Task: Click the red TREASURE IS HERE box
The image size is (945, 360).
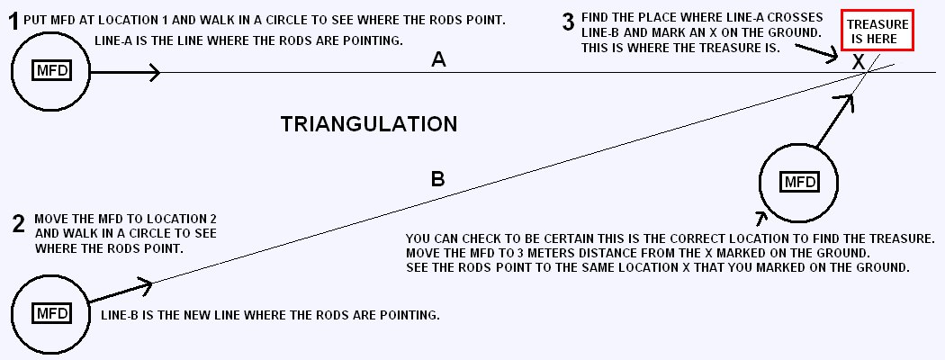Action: [x=878, y=31]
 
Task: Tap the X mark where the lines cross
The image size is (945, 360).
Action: [x=859, y=61]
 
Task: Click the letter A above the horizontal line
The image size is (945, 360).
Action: [x=439, y=59]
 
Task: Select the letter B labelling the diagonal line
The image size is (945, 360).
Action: [x=438, y=179]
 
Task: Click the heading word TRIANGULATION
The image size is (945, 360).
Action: [x=369, y=124]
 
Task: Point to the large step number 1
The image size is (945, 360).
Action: [x=13, y=22]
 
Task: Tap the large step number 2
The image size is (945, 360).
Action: [x=19, y=224]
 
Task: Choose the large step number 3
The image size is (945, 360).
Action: [x=568, y=22]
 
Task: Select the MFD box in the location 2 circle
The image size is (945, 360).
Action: [x=51, y=313]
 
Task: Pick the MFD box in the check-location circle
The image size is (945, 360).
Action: [x=798, y=182]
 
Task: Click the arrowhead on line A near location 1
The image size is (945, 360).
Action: [x=154, y=72]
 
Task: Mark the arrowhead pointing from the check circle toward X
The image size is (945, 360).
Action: [x=849, y=102]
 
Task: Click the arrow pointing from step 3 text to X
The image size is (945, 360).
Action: [x=814, y=50]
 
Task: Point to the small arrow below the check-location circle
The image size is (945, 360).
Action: [x=761, y=219]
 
